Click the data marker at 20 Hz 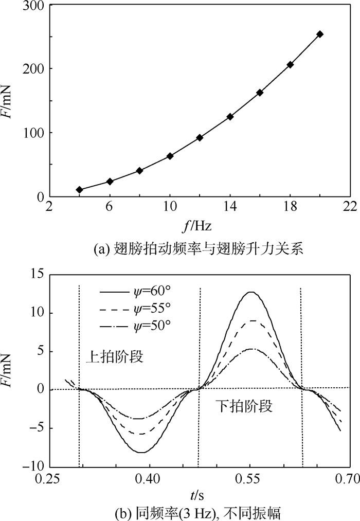tap(320, 34)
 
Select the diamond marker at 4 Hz tap(79, 190)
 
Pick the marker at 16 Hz tap(260, 93)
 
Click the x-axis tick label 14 tap(230, 207)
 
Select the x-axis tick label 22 tap(350, 207)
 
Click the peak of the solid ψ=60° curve tap(250, 292)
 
